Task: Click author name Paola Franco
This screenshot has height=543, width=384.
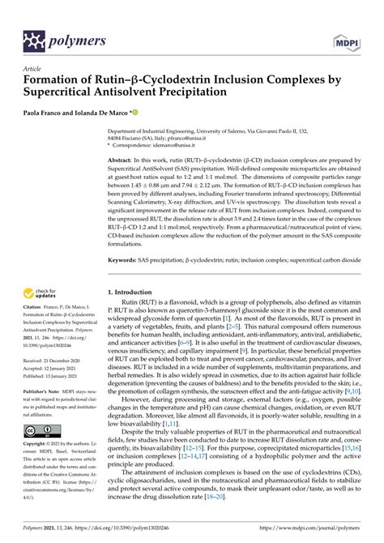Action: coord(48,114)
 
